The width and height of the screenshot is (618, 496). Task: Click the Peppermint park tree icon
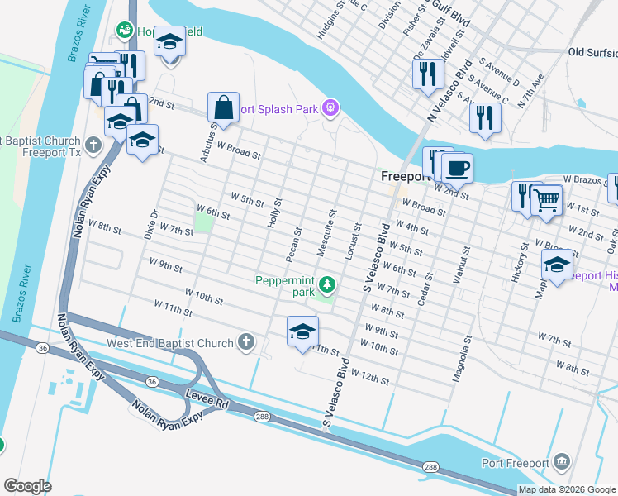click(328, 285)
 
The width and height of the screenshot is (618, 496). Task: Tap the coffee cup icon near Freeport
click(457, 169)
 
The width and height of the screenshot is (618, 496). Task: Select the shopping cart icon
click(546, 199)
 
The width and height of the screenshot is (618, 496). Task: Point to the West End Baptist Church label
click(170, 342)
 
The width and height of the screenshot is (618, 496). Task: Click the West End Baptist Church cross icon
click(245, 341)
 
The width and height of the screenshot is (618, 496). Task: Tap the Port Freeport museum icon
click(562, 460)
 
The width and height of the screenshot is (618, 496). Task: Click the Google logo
click(27, 486)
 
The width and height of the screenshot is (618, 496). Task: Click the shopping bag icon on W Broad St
click(223, 107)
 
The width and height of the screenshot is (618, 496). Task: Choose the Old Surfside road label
click(592, 52)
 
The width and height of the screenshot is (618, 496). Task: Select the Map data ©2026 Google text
click(567, 489)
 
